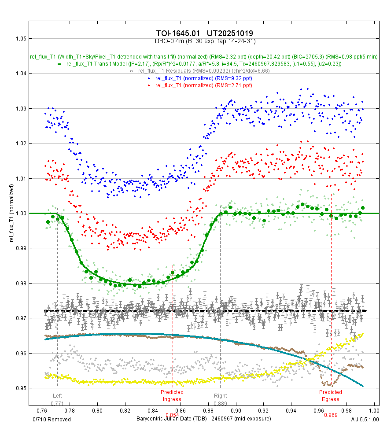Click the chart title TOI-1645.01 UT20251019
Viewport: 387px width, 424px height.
click(x=204, y=33)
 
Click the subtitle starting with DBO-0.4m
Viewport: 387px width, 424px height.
click(x=205, y=41)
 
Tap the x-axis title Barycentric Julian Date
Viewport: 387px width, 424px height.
click(x=204, y=418)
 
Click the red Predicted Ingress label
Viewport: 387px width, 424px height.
click(x=172, y=395)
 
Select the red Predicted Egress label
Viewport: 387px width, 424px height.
click(x=330, y=395)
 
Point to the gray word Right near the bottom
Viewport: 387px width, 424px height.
click(x=220, y=396)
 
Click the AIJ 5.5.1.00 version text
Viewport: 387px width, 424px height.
click(x=365, y=418)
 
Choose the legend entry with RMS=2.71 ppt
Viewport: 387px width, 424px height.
click(x=203, y=85)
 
